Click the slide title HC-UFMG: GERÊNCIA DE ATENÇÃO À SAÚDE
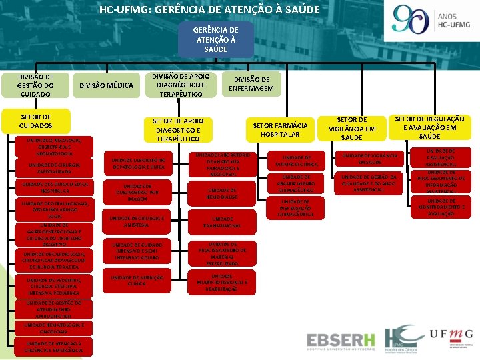click(x=209, y=10)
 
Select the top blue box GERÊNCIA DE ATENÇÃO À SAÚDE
click(x=215, y=40)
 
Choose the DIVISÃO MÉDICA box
click(x=107, y=85)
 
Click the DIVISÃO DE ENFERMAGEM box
click(x=253, y=84)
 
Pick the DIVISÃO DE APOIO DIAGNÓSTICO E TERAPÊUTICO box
click(x=183, y=85)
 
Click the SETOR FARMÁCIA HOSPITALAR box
click(x=281, y=129)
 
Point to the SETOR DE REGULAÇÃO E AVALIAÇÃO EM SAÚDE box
click(x=430, y=127)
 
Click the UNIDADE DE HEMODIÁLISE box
click(x=223, y=193)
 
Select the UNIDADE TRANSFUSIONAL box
click(x=223, y=222)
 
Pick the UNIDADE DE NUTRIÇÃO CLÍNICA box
click(x=135, y=279)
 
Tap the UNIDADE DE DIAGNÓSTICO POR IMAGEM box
click(x=136, y=193)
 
